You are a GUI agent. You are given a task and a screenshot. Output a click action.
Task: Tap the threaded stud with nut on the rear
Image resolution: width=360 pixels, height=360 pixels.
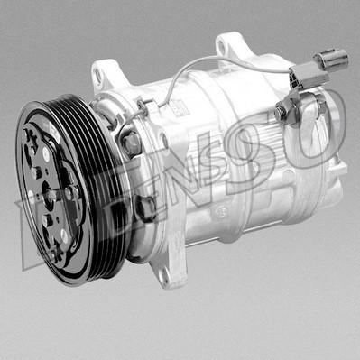tap(283, 112)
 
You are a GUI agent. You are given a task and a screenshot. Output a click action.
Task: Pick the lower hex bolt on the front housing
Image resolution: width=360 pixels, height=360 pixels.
tap(144, 207)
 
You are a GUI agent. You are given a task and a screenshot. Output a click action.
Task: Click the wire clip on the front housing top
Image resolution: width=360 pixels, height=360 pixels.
tap(144, 108)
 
